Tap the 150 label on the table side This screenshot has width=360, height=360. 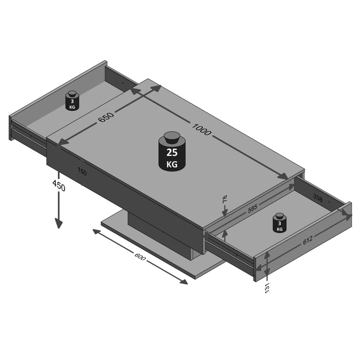(82, 172)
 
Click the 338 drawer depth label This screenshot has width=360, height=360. (318, 199)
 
